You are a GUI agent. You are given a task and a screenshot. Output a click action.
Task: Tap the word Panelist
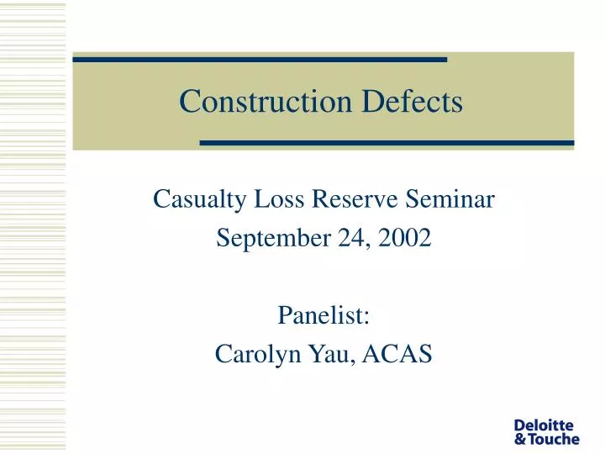coord(324,316)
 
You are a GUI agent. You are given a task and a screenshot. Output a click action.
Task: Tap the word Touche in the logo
coord(555,439)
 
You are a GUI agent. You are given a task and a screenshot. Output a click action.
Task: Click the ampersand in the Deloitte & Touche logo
coord(520,439)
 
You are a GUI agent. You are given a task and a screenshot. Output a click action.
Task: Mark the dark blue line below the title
coord(387,143)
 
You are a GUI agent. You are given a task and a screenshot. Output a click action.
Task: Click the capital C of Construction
coord(189,102)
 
